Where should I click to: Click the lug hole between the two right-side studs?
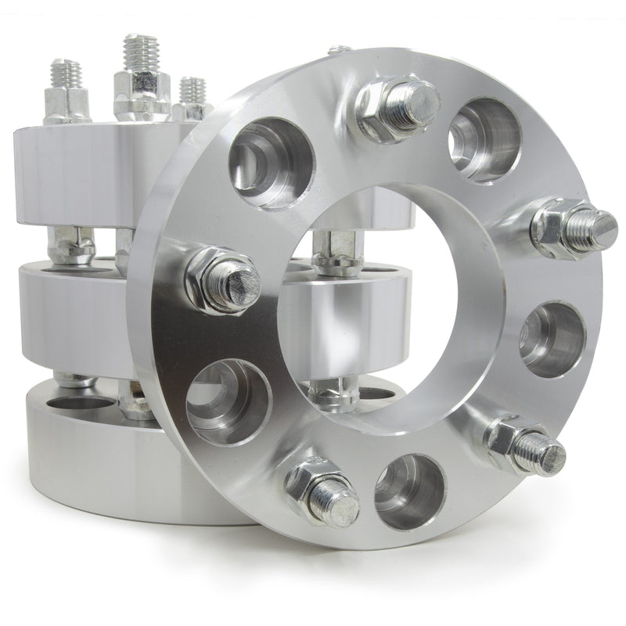click(552, 336)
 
